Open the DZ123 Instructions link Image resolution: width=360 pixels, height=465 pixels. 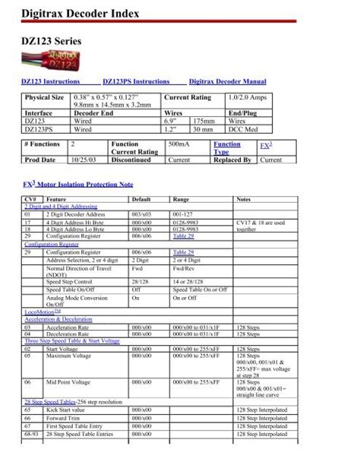[x=53, y=81]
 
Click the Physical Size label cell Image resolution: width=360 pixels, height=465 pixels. [x=44, y=98]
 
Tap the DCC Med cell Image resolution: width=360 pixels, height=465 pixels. [x=245, y=129]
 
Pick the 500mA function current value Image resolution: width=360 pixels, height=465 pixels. [x=178, y=144]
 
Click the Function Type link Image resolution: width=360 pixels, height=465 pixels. [x=227, y=147]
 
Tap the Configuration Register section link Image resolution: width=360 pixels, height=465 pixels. [x=52, y=245]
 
